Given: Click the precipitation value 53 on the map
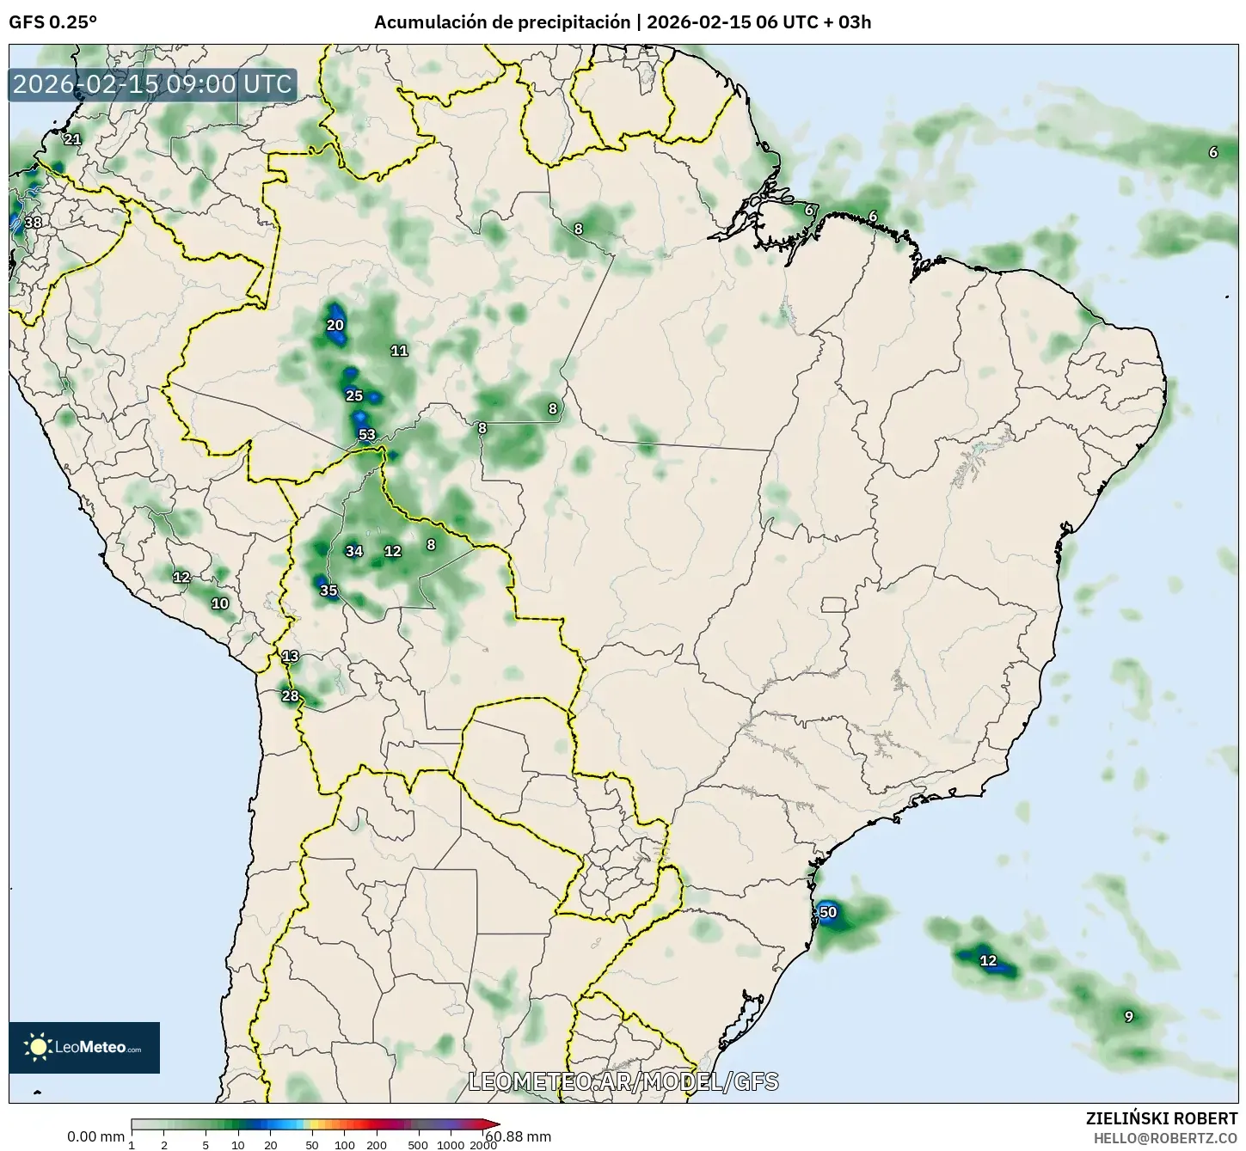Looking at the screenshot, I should point(367,434).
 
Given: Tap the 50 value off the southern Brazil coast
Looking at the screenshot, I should point(827,912).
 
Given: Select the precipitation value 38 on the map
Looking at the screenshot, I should point(33,223).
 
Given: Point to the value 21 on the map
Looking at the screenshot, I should point(72,139).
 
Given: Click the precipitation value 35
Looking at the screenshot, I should point(328,591).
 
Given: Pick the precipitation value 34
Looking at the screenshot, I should point(354,551).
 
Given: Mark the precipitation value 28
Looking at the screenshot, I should point(291,695).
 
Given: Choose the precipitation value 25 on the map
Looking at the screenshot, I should point(354,395).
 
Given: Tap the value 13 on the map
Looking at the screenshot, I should point(291,656).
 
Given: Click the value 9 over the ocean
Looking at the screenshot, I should point(1129,1016).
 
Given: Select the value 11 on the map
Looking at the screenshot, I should point(399,350).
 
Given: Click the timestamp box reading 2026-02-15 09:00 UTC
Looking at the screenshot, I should point(153,85).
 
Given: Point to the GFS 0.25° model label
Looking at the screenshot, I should point(52,22).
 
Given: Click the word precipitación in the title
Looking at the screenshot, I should point(574,22).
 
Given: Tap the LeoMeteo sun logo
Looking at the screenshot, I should point(38,1047).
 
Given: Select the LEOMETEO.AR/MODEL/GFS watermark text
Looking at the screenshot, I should point(623,1081).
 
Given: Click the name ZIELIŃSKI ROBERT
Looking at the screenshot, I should point(1162,1118).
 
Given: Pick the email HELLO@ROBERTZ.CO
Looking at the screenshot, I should point(1165,1137).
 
